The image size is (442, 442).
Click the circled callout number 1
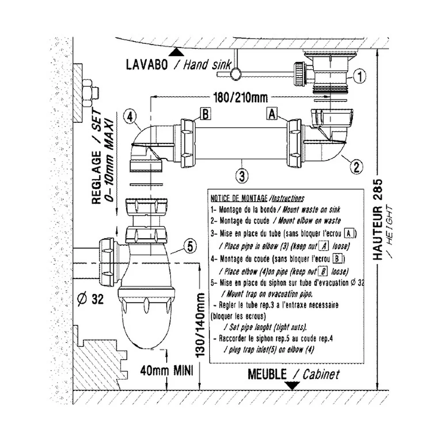point(359,76)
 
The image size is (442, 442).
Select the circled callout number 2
point(356,167)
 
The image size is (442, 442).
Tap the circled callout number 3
point(242,176)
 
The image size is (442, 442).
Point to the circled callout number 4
point(130,116)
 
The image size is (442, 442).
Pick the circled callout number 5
point(190,246)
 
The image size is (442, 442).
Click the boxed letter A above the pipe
point(272,114)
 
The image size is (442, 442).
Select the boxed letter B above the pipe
point(206,114)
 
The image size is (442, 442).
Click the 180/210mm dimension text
point(240,98)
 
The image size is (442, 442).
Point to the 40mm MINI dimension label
point(167,370)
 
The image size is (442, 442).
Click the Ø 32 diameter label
point(90,299)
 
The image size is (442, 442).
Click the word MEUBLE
point(267,374)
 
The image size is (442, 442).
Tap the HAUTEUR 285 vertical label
point(378,219)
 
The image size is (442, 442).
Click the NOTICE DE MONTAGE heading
point(239,198)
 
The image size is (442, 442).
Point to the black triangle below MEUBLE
point(292,385)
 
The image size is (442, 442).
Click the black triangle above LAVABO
point(176,52)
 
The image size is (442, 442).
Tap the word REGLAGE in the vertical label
point(96,178)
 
